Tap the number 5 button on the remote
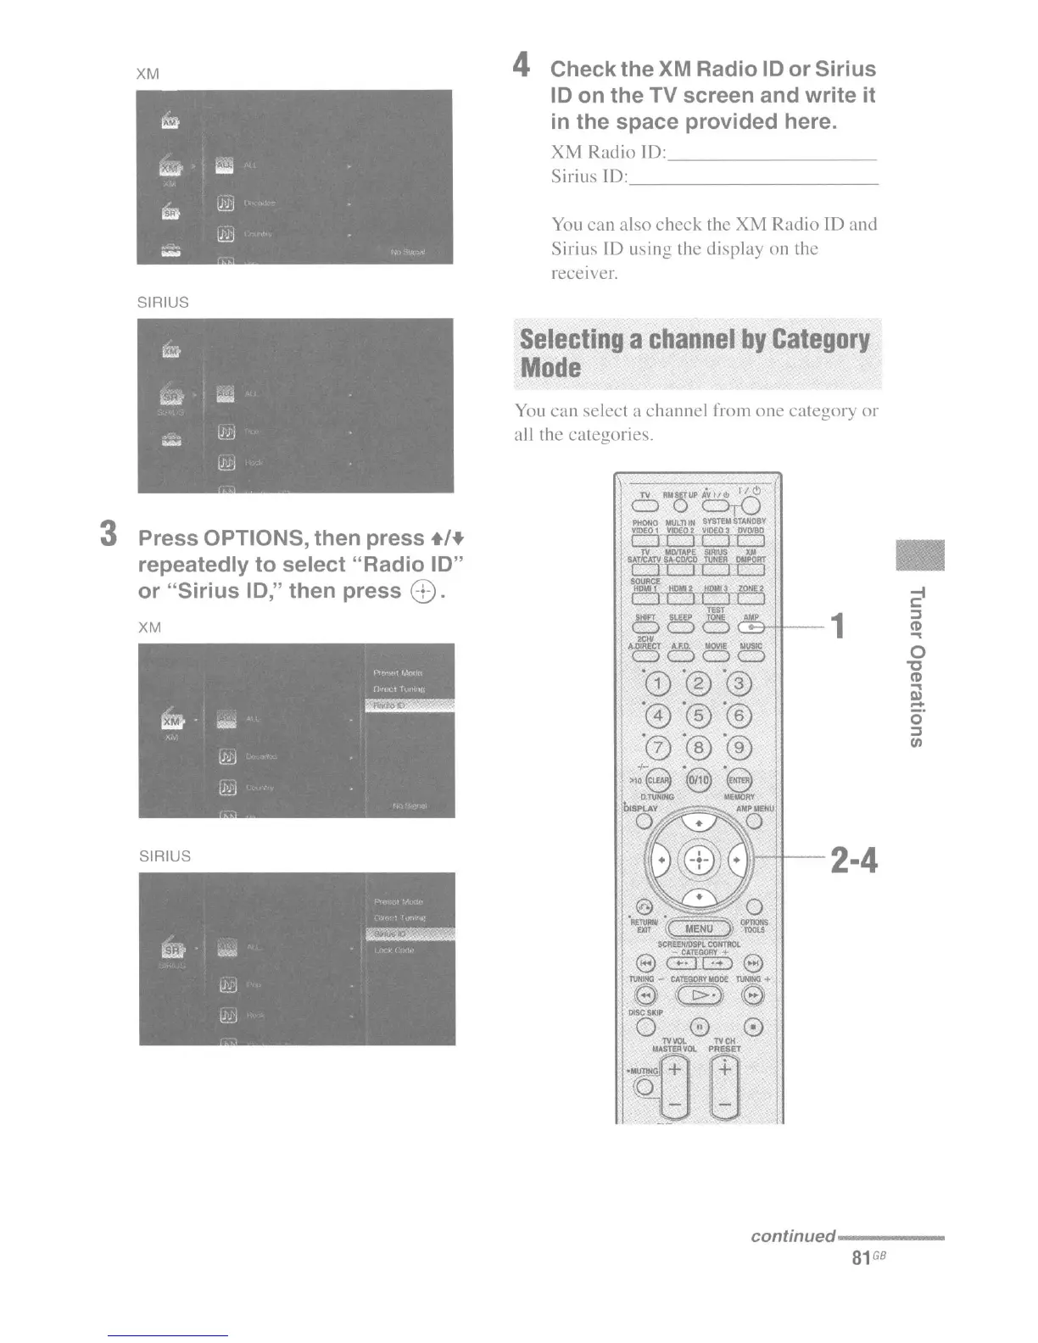coord(699,716)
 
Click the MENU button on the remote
coord(699,928)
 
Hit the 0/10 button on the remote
coord(699,780)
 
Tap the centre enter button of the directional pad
coord(699,860)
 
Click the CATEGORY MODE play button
coord(699,995)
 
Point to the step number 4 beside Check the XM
coord(522,65)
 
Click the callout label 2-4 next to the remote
coord(854,861)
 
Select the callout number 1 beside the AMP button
coord(838,627)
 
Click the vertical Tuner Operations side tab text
coord(917,666)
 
